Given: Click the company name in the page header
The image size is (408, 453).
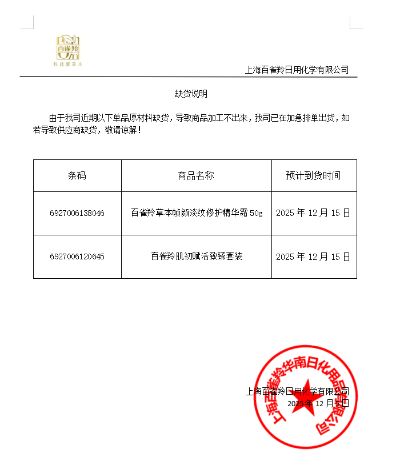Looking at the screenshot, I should coord(297,70).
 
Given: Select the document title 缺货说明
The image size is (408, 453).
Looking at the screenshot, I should coord(191,94).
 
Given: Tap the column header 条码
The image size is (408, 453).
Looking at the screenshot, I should coord(77,175).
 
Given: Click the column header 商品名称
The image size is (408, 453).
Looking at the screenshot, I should coord(196,175).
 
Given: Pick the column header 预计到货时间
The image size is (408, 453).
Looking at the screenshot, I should coord(313,175).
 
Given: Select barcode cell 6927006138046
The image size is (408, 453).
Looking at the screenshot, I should coord(77,213).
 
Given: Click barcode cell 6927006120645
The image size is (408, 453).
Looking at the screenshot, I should coord(77,256).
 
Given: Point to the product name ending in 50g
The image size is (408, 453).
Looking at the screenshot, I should coord(196,213).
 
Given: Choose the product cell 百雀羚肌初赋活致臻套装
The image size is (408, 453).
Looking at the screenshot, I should coord(197,256).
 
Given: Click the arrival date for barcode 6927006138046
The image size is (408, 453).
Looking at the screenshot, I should coord(313,213).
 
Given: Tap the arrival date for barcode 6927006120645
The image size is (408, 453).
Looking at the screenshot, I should coord(313,256).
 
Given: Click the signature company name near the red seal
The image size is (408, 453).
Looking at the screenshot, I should coord(297,392).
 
